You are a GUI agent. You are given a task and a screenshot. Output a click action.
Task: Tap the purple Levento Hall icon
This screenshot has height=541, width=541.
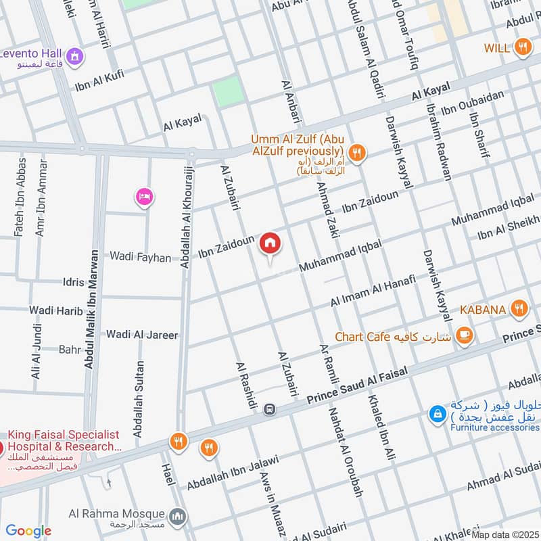[76, 54]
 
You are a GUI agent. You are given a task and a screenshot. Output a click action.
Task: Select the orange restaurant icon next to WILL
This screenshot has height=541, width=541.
[522, 47]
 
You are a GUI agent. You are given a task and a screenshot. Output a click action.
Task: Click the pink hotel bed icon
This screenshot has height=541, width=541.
[145, 197]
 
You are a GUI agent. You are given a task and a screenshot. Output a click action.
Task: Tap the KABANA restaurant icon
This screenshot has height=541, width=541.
[519, 309]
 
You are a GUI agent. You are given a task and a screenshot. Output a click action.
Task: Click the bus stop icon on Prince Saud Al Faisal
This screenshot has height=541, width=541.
[270, 408]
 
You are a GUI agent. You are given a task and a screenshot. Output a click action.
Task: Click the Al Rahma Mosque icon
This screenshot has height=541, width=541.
[177, 517]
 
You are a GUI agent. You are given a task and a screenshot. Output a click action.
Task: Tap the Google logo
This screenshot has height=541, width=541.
[28, 531]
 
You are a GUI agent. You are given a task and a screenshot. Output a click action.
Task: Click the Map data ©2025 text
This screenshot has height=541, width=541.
[505, 535]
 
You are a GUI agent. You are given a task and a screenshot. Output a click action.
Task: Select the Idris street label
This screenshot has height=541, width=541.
[73, 282]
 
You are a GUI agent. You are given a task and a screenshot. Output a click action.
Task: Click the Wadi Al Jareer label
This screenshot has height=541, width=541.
[142, 334]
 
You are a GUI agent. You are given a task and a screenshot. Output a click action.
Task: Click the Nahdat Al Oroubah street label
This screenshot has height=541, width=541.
[346, 451]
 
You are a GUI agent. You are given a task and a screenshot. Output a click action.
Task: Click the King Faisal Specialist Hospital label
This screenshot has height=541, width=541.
[64, 441]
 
